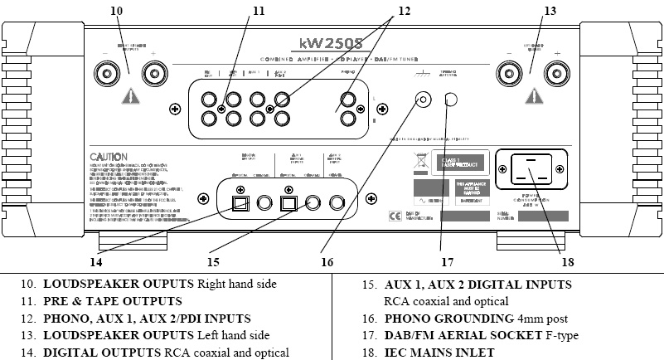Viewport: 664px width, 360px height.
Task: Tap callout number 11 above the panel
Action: [x=259, y=11]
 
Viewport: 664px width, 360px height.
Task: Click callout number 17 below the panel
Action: [x=448, y=261]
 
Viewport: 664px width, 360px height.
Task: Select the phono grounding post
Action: [x=423, y=100]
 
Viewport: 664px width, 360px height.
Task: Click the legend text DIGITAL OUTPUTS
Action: [x=92, y=353]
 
